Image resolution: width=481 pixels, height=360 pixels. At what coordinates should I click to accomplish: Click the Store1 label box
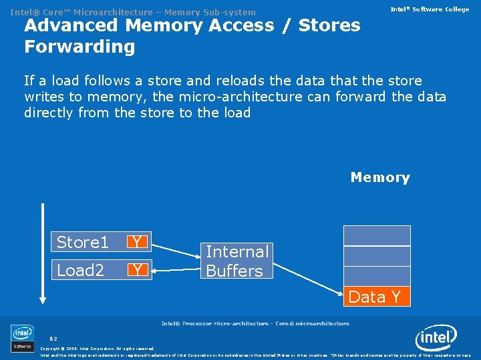click(83, 241)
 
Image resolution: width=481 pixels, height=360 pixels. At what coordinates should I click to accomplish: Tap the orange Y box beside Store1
click(138, 241)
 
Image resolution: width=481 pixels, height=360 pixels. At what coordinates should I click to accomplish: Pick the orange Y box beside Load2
click(138, 270)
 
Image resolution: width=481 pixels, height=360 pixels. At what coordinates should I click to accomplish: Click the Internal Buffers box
click(237, 261)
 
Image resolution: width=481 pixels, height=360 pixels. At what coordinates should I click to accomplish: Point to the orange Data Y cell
click(376, 297)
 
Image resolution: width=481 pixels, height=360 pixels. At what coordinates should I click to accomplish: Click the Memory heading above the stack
click(379, 177)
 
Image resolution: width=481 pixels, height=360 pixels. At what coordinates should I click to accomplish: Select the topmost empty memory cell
click(377, 236)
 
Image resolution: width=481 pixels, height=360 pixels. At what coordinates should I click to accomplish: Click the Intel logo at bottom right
click(436, 339)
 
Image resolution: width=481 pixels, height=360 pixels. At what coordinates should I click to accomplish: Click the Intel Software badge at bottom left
click(23, 338)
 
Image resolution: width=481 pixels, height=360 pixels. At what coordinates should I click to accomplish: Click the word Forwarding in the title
click(79, 47)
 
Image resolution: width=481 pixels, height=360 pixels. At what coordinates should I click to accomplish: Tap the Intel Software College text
click(430, 9)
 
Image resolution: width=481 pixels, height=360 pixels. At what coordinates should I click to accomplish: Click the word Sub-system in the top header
click(230, 12)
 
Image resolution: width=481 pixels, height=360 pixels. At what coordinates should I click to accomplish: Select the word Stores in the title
click(329, 25)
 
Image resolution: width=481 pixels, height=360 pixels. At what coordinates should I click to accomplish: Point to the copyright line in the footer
click(97, 348)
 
